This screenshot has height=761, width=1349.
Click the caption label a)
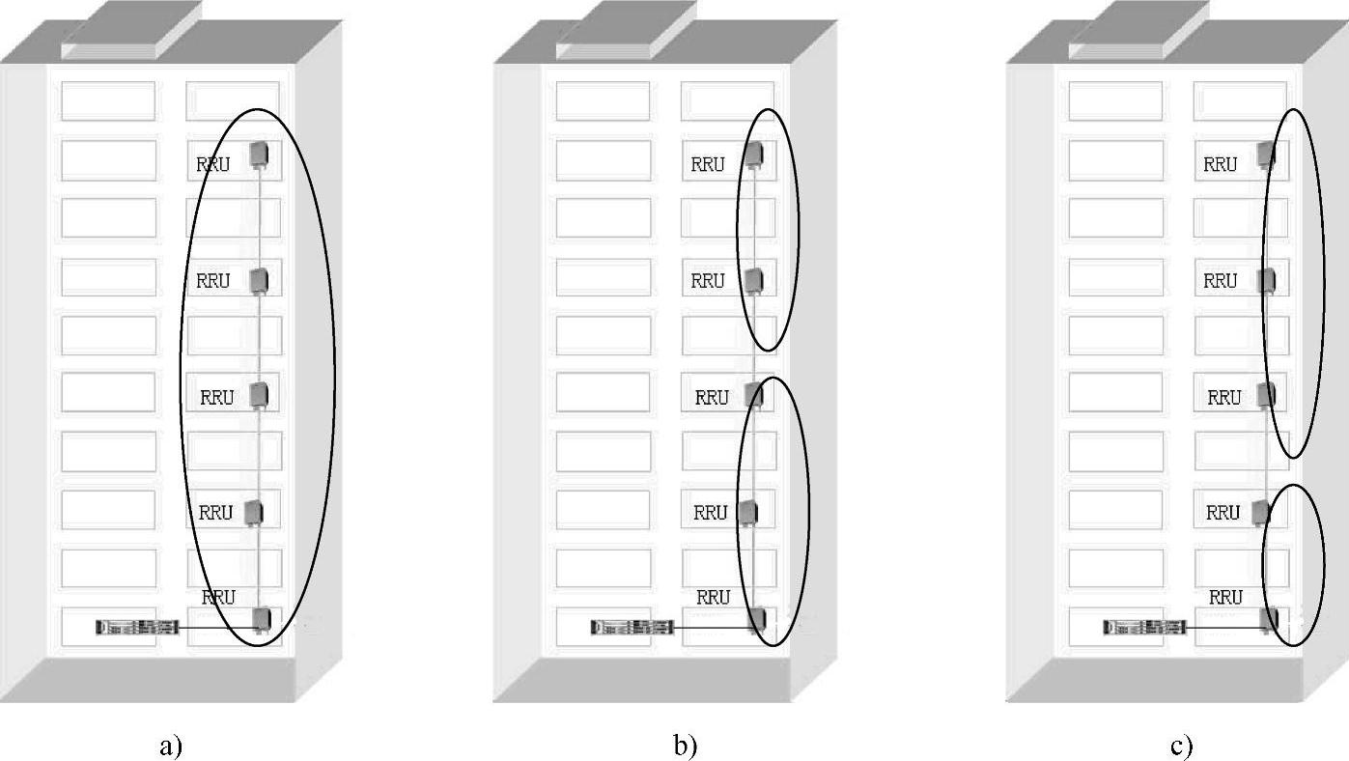170,745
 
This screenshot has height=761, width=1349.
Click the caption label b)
685,745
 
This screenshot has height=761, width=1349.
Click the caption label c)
1182,745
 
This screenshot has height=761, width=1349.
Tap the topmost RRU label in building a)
213,165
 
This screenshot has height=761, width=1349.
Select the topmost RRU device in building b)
753,155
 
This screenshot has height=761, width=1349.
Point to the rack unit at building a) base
137,628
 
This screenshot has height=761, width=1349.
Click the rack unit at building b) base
632,628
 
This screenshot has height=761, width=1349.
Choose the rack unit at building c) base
1144,628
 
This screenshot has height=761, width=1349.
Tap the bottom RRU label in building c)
1225,598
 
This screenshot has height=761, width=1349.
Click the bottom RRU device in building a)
260,619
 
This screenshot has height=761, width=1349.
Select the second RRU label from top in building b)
708,281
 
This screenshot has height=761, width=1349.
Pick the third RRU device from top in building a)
259,395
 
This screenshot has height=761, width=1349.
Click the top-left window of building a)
108,101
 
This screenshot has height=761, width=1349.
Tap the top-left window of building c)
1115,101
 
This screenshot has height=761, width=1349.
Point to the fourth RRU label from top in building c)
1223,513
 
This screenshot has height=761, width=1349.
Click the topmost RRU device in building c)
1265,155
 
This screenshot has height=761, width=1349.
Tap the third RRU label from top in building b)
712,397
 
